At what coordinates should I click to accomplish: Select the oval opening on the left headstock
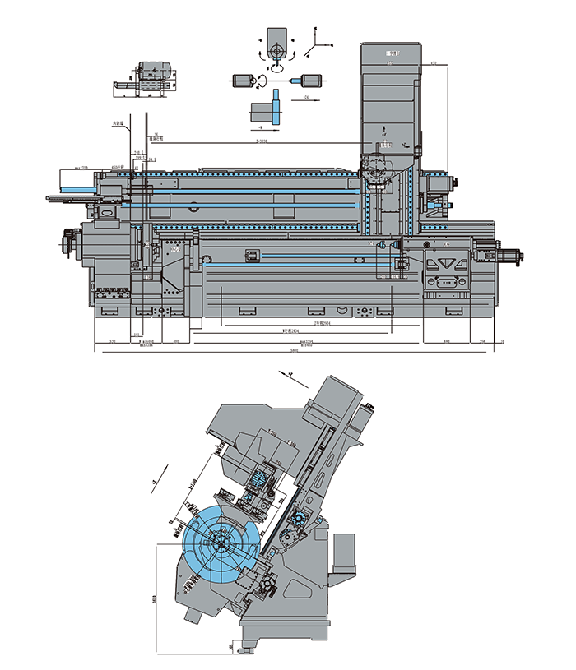coord(107,211)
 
